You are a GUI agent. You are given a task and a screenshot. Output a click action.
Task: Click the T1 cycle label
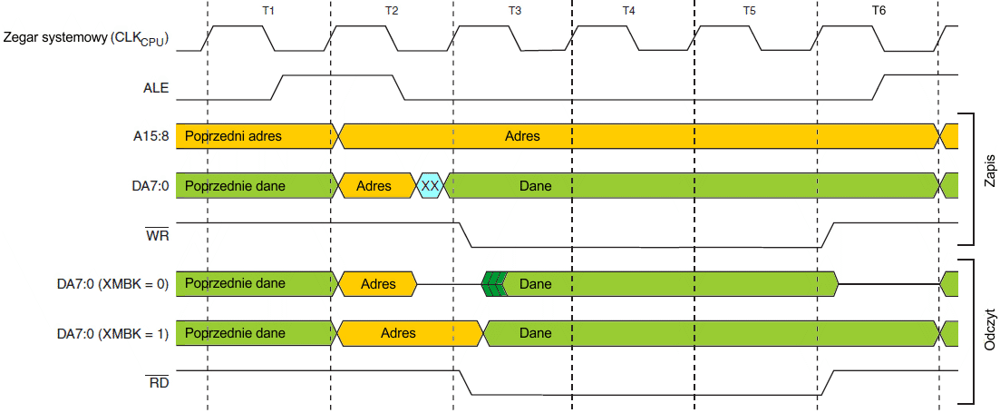(x=267, y=11)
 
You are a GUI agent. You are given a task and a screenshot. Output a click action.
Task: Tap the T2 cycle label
(x=391, y=11)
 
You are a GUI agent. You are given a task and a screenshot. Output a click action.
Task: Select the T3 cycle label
(x=514, y=11)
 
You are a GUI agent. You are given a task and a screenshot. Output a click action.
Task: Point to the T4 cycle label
(x=629, y=11)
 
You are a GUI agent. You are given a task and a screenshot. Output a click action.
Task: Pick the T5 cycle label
(x=749, y=11)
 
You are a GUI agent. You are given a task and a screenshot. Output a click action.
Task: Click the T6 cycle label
(x=879, y=11)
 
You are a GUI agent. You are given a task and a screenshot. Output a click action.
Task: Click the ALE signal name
(x=156, y=88)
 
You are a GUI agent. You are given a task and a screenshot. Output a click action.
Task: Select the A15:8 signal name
(x=150, y=137)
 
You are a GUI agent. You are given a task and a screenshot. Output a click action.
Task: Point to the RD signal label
(x=158, y=383)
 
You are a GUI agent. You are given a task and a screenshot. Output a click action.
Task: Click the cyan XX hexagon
(x=431, y=186)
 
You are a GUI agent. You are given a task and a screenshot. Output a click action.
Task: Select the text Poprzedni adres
(x=233, y=137)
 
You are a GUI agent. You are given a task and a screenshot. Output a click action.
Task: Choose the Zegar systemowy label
(x=87, y=39)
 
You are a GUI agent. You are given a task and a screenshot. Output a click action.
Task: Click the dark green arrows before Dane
(x=493, y=284)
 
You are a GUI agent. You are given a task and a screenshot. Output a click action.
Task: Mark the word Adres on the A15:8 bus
(x=522, y=137)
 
